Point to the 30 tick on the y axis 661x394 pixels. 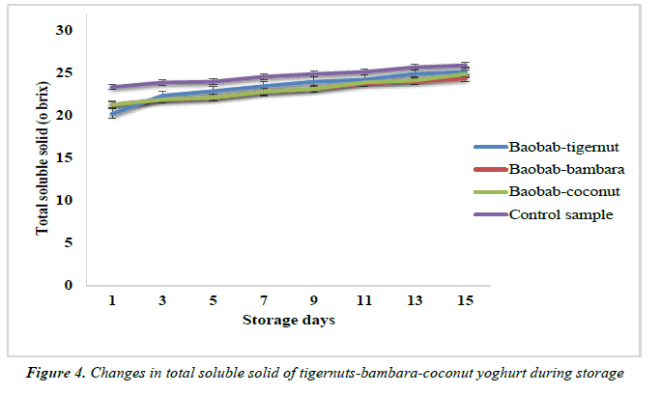click(x=65, y=30)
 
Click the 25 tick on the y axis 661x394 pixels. click(x=65, y=72)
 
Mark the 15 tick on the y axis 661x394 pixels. click(x=65, y=157)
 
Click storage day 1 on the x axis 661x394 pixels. click(x=113, y=300)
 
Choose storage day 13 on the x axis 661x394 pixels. click(x=415, y=300)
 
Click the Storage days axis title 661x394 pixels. click(x=289, y=321)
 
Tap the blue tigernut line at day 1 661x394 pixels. click(x=113, y=114)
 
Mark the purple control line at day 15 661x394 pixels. click(x=465, y=65)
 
